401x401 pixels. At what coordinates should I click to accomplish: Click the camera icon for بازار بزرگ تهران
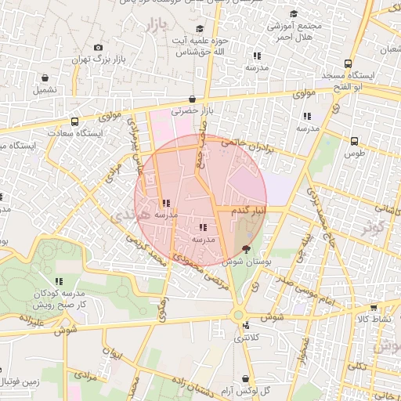(98, 47)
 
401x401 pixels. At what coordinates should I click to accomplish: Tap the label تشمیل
(45, 90)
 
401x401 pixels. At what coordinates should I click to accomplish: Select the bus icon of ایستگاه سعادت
(74, 121)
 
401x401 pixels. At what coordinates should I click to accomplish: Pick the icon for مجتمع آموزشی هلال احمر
(294, 13)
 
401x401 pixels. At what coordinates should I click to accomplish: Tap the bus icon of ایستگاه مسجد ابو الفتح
(348, 64)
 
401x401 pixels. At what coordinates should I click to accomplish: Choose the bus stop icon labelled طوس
(355, 142)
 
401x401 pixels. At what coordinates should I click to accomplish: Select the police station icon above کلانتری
(246, 325)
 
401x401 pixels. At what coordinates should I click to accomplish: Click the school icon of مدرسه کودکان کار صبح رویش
(59, 280)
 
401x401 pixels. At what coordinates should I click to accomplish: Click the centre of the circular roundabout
(238, 316)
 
